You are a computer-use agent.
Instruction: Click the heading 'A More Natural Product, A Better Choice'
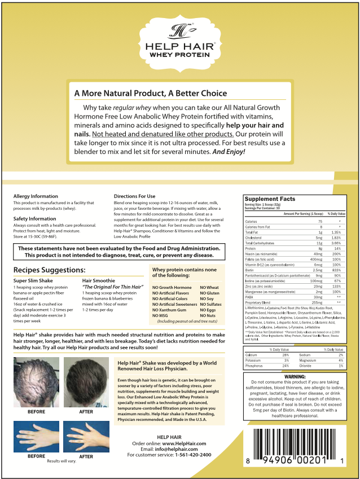pos(147,93)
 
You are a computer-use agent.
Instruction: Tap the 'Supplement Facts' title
pos(269,199)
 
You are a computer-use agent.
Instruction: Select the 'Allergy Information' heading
pos(36,196)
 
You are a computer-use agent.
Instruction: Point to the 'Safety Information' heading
pos(34,218)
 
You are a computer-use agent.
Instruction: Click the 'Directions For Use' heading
pos(134,196)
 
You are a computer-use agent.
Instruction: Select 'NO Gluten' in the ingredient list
pos(209,293)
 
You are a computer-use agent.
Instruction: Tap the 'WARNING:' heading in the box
pos(295,376)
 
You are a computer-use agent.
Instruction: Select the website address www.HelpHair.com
pos(184,443)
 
